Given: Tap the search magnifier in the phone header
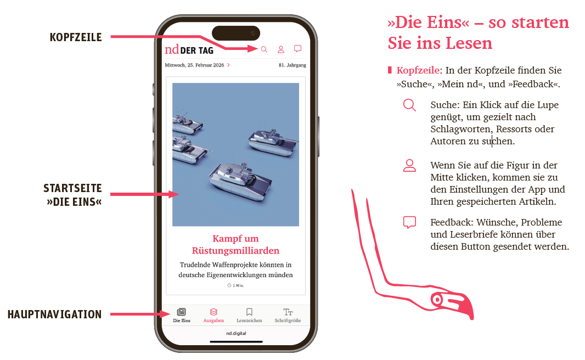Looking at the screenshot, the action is pos(264,49).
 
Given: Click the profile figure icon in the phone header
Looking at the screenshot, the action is pos(281,49).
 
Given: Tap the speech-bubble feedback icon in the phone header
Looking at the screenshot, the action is pos(298,48).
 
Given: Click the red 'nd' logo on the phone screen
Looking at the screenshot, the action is pos(172,49).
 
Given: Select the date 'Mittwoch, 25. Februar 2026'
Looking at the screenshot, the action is pos(194,65).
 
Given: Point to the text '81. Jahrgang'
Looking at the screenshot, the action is pos(292,65).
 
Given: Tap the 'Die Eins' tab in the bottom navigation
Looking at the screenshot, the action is pos(182,315).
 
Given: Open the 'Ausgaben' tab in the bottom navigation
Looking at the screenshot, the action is pos(213,315).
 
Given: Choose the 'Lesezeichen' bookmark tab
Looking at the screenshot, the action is pos(249,315).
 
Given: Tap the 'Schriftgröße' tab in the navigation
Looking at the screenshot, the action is pos(288,315).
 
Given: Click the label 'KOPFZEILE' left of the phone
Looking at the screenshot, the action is pos(76,37).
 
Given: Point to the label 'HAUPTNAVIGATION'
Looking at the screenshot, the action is pos(54,314).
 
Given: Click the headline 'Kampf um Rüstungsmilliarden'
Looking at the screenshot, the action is pos(235,244).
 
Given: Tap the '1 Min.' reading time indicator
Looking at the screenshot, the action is pos(235,285).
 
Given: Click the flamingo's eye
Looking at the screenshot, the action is pos(436,300).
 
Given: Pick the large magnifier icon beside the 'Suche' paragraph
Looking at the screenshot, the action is pos(409,105).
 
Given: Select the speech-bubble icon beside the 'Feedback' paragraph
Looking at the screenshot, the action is pos(409,222).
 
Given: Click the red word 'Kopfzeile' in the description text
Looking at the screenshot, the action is pos(418,70).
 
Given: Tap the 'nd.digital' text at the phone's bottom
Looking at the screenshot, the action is pos(236,333).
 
